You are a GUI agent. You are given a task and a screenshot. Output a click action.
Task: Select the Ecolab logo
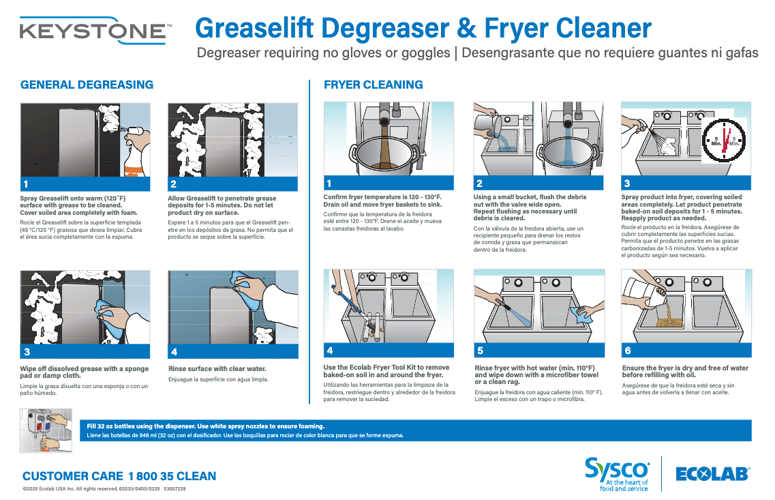coord(712,473)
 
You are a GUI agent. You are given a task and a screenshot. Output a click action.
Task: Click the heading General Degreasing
coord(87,85)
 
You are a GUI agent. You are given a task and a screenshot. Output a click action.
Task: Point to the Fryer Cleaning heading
coord(373,85)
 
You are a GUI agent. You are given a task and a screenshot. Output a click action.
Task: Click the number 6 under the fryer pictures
coord(628,351)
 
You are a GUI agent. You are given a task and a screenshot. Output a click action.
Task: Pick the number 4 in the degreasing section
coord(174,352)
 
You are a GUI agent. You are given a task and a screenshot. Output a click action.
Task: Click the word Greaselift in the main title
coord(254,28)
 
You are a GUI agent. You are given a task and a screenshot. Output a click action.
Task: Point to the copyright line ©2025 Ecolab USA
coord(104,489)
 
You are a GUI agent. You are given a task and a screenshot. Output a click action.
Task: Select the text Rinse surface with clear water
coord(217,369)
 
